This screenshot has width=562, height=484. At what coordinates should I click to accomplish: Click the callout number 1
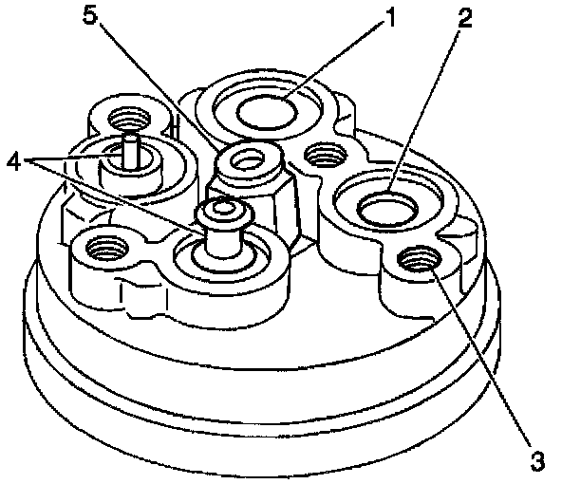click(x=389, y=18)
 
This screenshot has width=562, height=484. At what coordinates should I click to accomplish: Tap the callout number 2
click(x=464, y=17)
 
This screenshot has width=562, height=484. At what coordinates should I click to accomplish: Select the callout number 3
click(x=537, y=461)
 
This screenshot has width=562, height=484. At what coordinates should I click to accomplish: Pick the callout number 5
click(x=90, y=14)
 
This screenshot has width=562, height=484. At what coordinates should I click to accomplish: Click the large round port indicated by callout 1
click(x=267, y=112)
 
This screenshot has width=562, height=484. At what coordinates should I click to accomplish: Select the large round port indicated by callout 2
click(x=388, y=209)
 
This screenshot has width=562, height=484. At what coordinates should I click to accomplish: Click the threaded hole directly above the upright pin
click(x=129, y=118)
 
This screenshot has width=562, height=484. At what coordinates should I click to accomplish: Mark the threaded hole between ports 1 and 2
click(x=326, y=155)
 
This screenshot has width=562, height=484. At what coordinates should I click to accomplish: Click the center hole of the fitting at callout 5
click(x=247, y=159)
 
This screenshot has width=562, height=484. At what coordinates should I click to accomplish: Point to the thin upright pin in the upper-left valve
click(x=130, y=151)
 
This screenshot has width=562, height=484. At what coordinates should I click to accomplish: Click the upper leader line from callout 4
click(x=68, y=157)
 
